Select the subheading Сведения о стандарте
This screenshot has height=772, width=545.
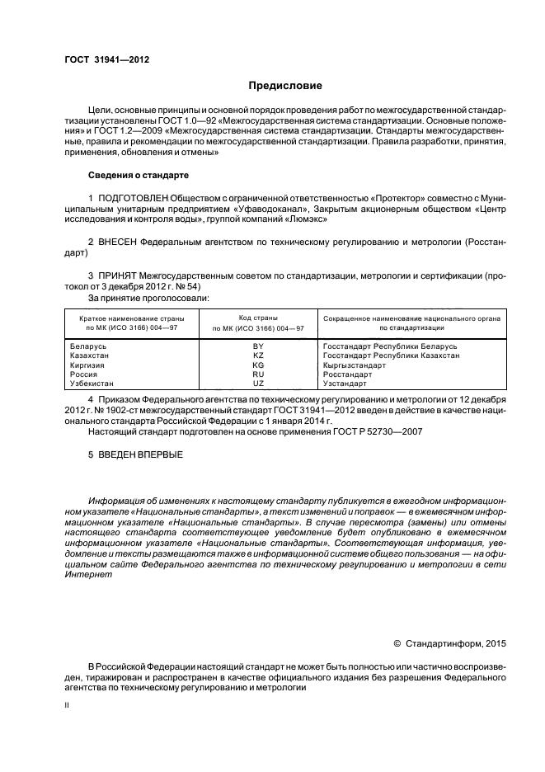pyautogui.click(x=139, y=176)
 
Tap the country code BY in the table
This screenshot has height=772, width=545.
pyautogui.click(x=257, y=346)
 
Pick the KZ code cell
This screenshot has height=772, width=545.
pyautogui.click(x=257, y=355)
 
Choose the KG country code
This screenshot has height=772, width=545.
pyautogui.click(x=257, y=365)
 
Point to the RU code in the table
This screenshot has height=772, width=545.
pyautogui.click(x=257, y=374)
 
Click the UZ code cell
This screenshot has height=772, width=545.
pyautogui.click(x=257, y=384)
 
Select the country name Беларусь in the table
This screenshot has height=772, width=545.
pyautogui.click(x=88, y=346)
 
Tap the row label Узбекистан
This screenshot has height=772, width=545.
pyautogui.click(x=92, y=384)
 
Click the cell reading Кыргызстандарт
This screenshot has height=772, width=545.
pyautogui.click(x=355, y=365)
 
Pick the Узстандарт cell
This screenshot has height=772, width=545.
pyautogui.click(x=345, y=384)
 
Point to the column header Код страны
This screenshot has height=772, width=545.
pyautogui.click(x=257, y=318)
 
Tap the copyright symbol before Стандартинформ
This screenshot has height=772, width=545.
pyautogui.click(x=397, y=643)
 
